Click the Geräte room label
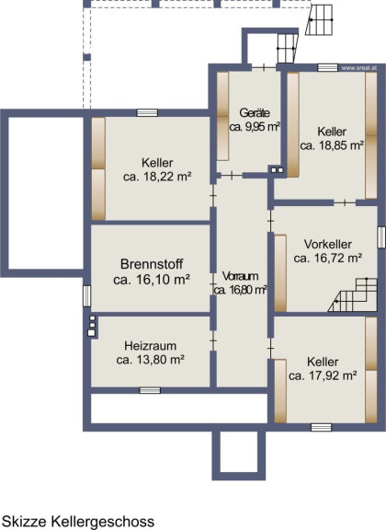point(255,112)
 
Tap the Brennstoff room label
point(152,264)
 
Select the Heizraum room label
point(151,346)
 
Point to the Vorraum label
point(241,276)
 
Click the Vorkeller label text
point(328,244)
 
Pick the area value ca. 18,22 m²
point(157,177)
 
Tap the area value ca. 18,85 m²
point(333,145)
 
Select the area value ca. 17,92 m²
point(323,375)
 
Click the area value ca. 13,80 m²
point(151,360)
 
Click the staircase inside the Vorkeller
point(353,295)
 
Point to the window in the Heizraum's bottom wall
point(150,391)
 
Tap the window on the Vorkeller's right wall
point(381,237)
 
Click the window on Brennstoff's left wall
point(86,296)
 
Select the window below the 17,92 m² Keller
point(321,427)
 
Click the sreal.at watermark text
point(358,68)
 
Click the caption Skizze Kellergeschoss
point(78,521)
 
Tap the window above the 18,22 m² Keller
point(147,112)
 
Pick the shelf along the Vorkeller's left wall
point(280,273)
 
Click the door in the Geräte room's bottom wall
point(232,175)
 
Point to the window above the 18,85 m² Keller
point(327,67)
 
